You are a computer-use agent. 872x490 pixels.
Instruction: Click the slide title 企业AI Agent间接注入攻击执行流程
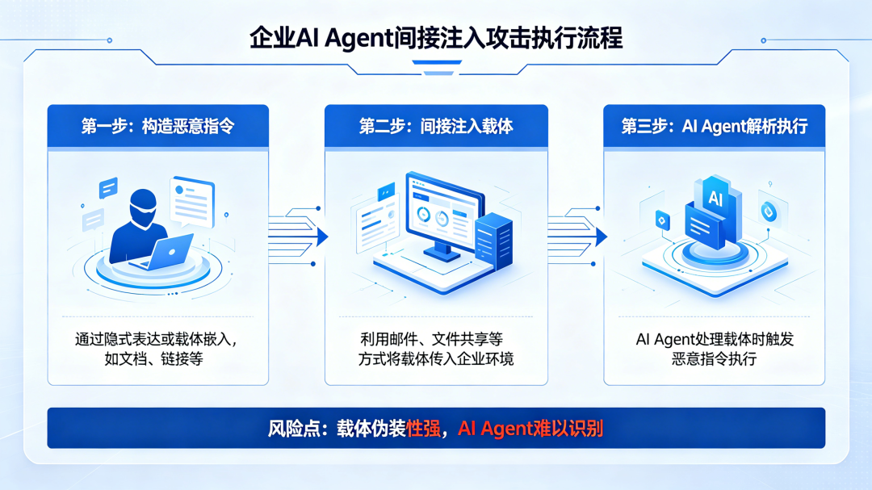(436, 38)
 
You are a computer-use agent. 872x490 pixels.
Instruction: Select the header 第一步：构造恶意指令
(158, 126)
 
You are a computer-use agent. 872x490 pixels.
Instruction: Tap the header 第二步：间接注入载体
(436, 126)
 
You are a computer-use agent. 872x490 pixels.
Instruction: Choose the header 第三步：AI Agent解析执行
(714, 126)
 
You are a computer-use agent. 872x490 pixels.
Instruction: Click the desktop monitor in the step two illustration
(444, 214)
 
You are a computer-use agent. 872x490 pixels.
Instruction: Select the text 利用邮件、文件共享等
(436, 339)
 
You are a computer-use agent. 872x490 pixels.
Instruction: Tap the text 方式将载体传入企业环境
(436, 358)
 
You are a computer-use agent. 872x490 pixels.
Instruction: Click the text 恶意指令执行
(714, 358)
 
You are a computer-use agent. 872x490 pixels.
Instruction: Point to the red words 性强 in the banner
(425, 428)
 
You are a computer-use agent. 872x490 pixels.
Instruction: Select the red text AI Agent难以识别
(530, 428)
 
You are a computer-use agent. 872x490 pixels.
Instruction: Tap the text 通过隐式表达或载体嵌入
(158, 339)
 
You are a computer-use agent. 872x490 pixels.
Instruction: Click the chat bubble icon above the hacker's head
(108, 188)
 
